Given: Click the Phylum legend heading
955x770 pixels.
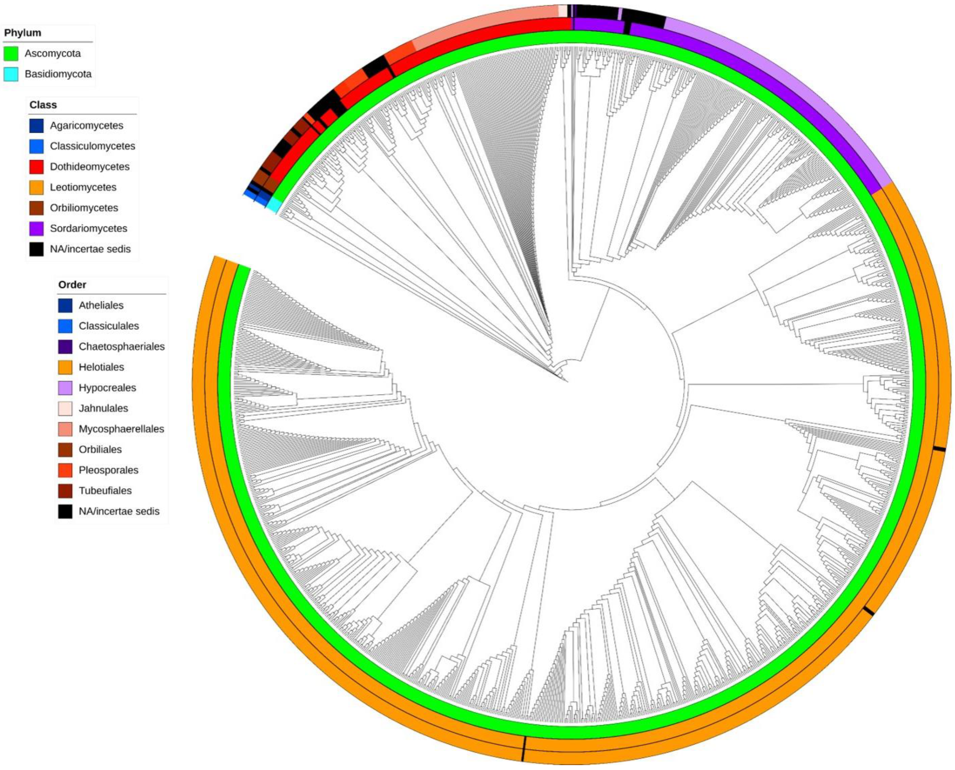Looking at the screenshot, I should tap(23, 33).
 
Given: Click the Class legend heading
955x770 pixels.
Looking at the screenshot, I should tap(43, 105).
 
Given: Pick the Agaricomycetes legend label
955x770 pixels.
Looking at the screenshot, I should tap(87, 126).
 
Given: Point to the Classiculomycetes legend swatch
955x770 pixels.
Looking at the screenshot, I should tap(36, 146).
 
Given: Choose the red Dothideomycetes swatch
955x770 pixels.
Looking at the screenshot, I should tap(36, 167).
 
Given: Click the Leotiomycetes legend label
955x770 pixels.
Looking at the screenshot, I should tap(83, 187).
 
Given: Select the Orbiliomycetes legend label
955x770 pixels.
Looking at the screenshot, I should tap(84, 208).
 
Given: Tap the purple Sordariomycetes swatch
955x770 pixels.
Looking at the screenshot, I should tap(36, 228).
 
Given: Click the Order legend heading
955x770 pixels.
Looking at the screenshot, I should tap(72, 285).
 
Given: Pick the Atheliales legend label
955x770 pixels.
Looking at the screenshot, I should tap(101, 305).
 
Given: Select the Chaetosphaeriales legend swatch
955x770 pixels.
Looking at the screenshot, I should tap(65, 346).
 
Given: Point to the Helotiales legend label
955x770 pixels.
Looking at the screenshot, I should tap(101, 367).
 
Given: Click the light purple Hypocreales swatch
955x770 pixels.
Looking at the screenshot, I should tap(65, 388).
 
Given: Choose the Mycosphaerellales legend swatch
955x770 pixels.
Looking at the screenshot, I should tap(65, 429).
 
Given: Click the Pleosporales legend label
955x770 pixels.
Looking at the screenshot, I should tap(108, 470).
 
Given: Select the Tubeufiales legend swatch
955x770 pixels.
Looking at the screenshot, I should tap(65, 490).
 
